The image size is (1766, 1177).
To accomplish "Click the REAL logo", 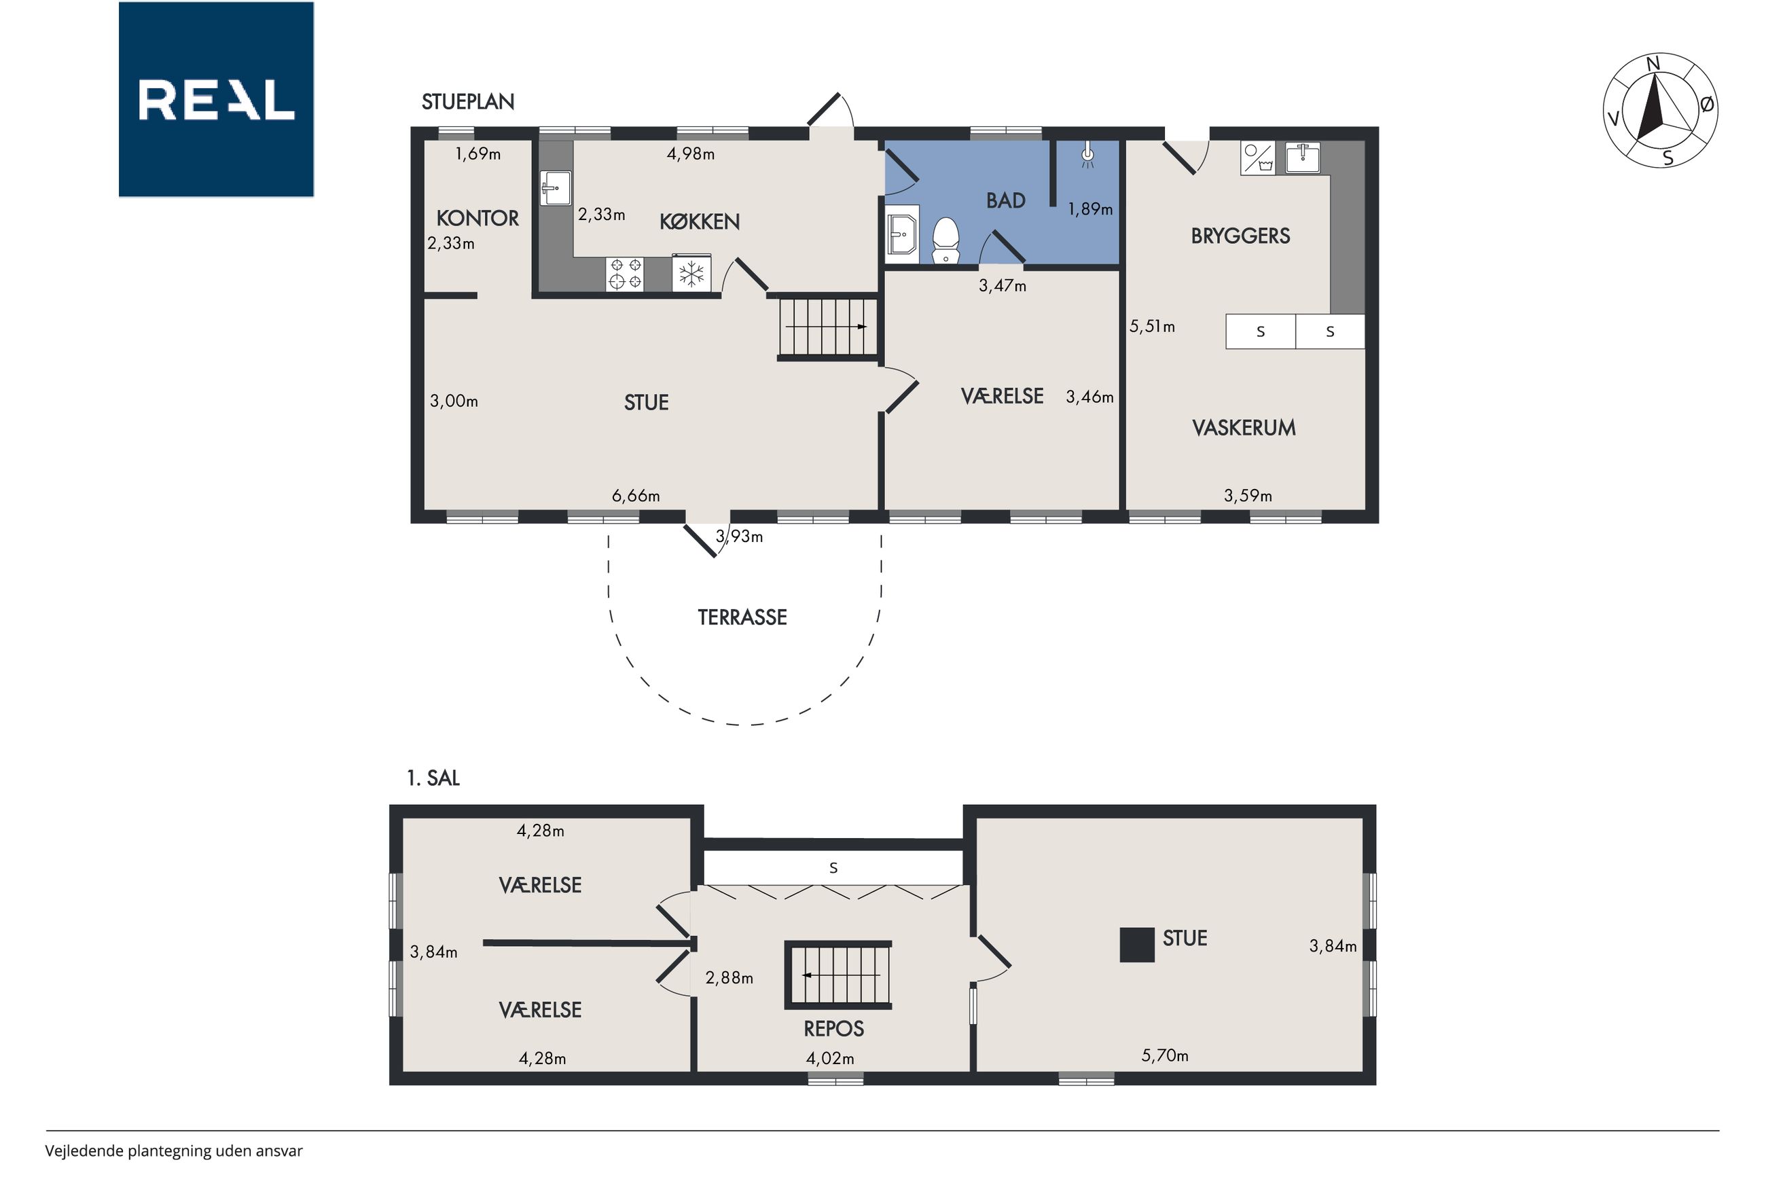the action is pos(216,99).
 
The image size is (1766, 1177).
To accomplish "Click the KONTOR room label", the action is pos(477,219).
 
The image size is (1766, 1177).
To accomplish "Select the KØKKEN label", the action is pos(700,221).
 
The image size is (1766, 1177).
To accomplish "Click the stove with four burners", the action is pos(625,274).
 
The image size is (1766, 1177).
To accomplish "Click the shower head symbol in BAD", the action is pos(1087,156).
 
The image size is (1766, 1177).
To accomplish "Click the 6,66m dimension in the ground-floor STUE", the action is pos(636,495).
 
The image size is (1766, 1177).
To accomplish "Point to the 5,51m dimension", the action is pos(1152,327).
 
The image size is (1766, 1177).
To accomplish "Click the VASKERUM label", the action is pos(1244,428).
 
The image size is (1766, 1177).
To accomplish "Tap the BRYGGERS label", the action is pos(1241,236).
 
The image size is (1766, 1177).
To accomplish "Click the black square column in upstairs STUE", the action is pos(1137,945).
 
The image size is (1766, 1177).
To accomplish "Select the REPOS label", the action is pos(834,1028).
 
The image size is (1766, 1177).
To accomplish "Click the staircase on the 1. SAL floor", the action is pos(838,975).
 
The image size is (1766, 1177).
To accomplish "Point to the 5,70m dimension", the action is pos(1165,1055).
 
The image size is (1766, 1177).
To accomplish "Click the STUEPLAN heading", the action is pos(467,102).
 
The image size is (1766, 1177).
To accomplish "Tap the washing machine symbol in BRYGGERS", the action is pos(1258,158).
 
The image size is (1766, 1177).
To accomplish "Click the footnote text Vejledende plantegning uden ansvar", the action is pos(173,1151).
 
